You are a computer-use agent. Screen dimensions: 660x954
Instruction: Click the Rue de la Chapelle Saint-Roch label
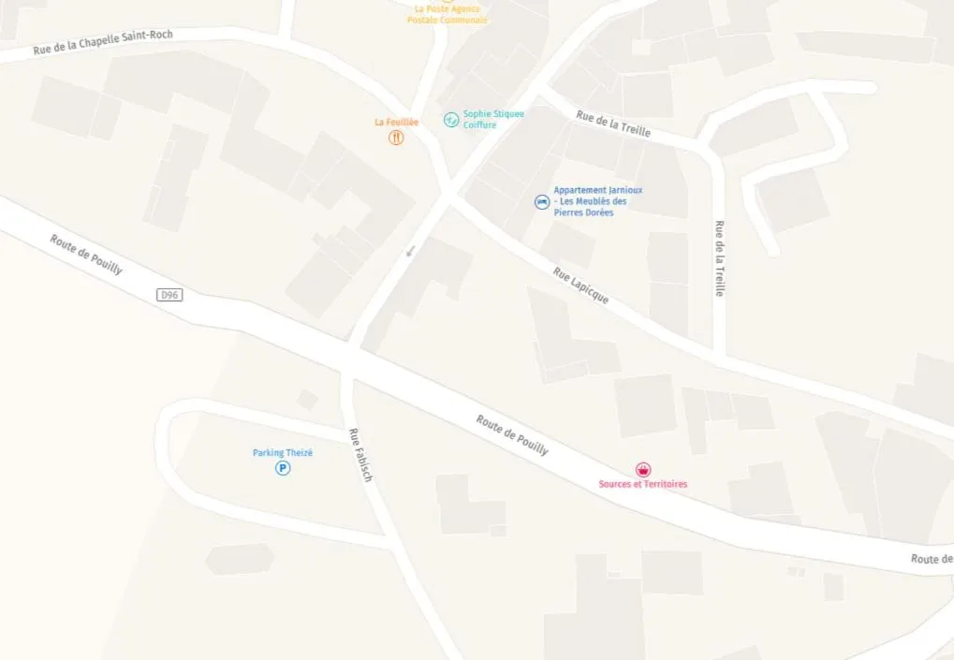(103, 42)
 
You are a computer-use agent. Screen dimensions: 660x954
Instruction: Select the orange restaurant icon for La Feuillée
(396, 138)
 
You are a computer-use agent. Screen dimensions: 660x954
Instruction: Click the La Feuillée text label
(396, 122)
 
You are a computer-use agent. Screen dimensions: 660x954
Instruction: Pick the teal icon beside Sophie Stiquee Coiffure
(451, 119)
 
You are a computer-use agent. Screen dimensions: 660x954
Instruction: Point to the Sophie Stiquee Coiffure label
(493, 119)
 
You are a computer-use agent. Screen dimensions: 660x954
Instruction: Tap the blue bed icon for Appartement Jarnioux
(541, 201)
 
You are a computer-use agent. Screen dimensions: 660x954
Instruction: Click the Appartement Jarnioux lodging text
(597, 201)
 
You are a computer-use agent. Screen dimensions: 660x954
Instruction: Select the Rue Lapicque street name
(580, 286)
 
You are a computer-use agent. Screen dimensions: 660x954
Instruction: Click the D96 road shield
(169, 295)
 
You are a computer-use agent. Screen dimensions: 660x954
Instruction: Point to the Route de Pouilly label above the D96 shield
(86, 254)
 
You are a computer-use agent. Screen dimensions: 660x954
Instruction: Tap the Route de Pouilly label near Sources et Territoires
(512, 434)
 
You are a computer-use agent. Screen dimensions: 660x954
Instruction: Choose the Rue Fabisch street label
(360, 455)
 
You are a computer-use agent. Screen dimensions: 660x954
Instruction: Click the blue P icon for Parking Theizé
(283, 468)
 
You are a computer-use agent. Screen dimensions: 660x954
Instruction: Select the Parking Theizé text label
(283, 453)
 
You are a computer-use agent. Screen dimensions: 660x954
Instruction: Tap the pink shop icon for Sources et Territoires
(643, 469)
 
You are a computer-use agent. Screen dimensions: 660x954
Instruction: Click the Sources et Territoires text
(643, 484)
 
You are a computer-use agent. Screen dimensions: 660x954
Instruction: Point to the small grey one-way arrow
(410, 250)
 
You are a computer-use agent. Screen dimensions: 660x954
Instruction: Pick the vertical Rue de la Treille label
(719, 258)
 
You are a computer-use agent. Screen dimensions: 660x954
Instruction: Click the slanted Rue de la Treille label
(613, 124)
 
